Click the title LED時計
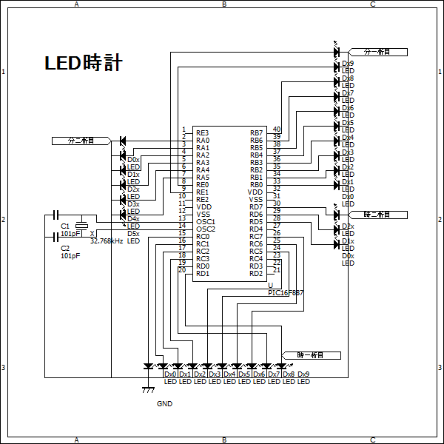83,64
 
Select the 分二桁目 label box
81,140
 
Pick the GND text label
164,404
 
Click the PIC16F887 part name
286,293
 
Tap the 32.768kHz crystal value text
106,240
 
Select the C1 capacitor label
64,226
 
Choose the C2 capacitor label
64,249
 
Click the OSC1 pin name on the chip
206,222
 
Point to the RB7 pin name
256,133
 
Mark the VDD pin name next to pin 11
203,207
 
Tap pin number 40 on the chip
276,129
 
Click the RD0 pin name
203,266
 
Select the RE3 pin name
203,133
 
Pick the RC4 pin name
256,259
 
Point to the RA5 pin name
203,178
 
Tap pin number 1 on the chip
183,129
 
